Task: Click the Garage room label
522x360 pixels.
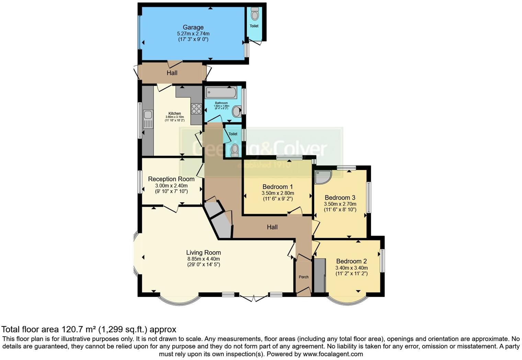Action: (x=193, y=27)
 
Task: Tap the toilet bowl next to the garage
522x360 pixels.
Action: (x=254, y=14)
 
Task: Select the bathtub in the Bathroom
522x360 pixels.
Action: (x=220, y=92)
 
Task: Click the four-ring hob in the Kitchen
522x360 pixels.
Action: (x=196, y=109)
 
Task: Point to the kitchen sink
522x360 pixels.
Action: (x=148, y=119)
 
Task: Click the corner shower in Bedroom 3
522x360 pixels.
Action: (x=322, y=177)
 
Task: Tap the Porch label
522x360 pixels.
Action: (x=304, y=277)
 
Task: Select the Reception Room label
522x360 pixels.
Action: (x=171, y=179)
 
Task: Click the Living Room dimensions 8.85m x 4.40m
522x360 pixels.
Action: (x=203, y=259)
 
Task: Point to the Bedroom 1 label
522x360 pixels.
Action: (x=278, y=187)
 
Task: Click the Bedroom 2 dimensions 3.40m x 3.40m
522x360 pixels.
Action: (x=351, y=268)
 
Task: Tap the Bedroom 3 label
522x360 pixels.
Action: (x=340, y=198)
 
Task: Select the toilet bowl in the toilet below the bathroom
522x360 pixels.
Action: (x=235, y=150)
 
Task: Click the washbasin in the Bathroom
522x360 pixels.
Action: (x=237, y=111)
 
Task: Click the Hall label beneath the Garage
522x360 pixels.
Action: (x=172, y=73)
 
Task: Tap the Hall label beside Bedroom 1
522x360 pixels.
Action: (x=272, y=227)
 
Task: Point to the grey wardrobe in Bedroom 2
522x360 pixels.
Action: (x=320, y=275)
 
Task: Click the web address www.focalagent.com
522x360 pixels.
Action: (x=332, y=354)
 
